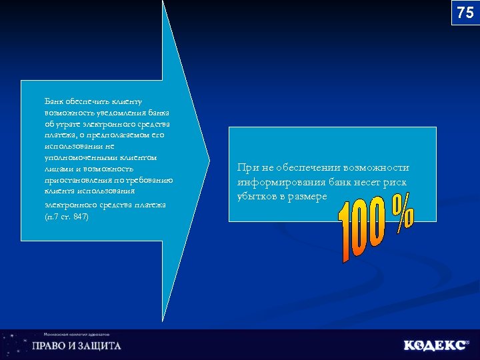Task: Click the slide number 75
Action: (x=465, y=13)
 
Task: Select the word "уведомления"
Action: (x=108, y=113)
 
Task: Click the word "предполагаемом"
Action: (x=124, y=135)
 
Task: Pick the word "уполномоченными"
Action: (x=77, y=158)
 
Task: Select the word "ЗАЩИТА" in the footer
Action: (x=98, y=346)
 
